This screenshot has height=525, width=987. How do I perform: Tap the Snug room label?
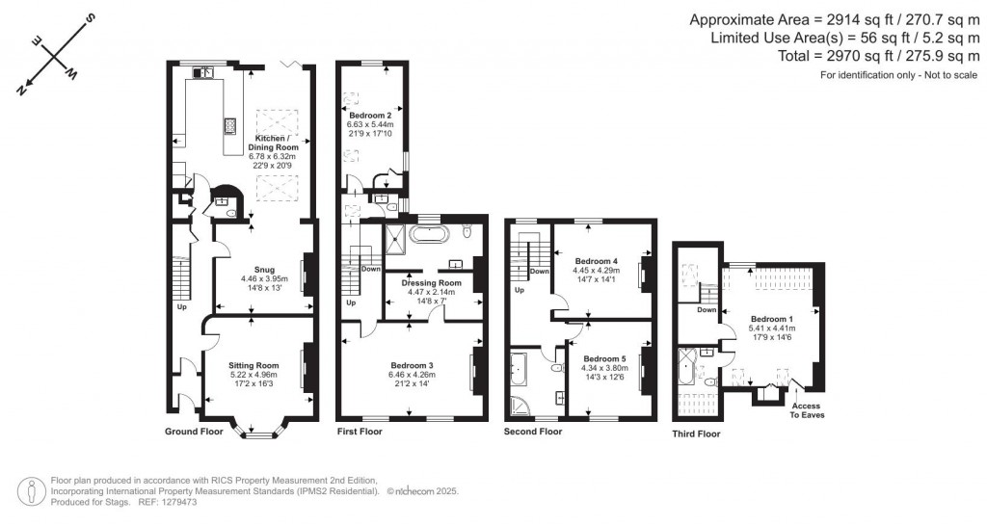coord(265,270)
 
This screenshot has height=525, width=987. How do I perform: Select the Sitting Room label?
coord(253,366)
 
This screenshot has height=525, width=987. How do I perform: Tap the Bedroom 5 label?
coord(604,358)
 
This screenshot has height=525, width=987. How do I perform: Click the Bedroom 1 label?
coord(771,319)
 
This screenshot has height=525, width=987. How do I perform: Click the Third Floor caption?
coord(696,434)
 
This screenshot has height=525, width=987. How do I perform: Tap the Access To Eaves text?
coord(806,411)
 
